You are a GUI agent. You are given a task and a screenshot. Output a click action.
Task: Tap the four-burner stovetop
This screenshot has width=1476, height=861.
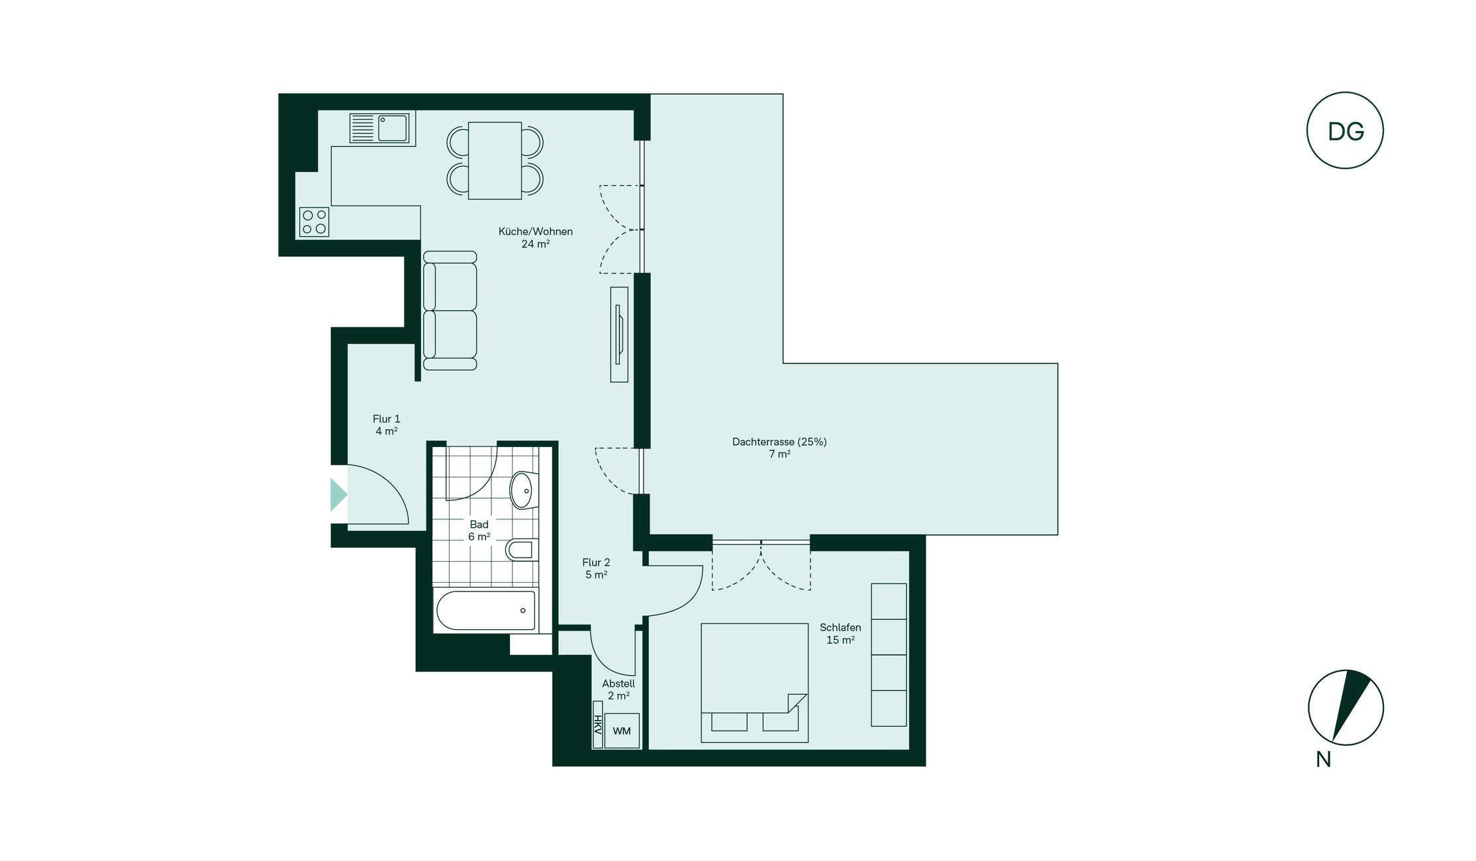[314, 222]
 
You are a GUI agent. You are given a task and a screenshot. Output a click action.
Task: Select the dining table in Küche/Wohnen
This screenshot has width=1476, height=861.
[495, 160]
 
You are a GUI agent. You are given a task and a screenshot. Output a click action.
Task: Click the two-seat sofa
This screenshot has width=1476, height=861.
[450, 311]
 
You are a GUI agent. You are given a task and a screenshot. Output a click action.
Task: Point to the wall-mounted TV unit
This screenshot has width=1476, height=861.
[619, 334]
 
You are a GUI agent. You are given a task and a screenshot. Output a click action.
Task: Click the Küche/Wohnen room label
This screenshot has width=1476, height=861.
[535, 237]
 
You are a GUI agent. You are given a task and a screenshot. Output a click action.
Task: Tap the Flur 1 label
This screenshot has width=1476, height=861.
[386, 425]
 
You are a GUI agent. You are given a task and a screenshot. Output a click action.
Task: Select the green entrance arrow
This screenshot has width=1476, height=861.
[338, 494]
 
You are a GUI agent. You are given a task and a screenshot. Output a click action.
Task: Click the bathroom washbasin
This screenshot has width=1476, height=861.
[523, 490]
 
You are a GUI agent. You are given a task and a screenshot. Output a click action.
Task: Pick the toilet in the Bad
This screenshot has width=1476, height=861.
[522, 550]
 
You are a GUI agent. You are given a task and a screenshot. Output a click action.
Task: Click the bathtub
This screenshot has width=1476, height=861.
[485, 610]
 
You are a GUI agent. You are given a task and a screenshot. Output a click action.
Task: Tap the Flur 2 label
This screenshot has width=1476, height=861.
[596, 568]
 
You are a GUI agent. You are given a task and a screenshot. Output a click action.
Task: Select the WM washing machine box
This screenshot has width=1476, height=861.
[622, 731]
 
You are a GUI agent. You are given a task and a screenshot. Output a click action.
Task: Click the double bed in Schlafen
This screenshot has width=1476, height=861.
[754, 682]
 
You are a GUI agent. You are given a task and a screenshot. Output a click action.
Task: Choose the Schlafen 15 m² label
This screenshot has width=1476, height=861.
[840, 633]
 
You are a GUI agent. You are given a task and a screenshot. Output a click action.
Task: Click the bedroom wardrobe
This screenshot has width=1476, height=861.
[889, 654]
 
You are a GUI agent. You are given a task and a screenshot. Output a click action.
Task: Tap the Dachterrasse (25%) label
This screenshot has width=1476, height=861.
[779, 448]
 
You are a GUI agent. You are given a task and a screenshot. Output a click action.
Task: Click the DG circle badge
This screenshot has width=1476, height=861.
[1345, 130]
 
